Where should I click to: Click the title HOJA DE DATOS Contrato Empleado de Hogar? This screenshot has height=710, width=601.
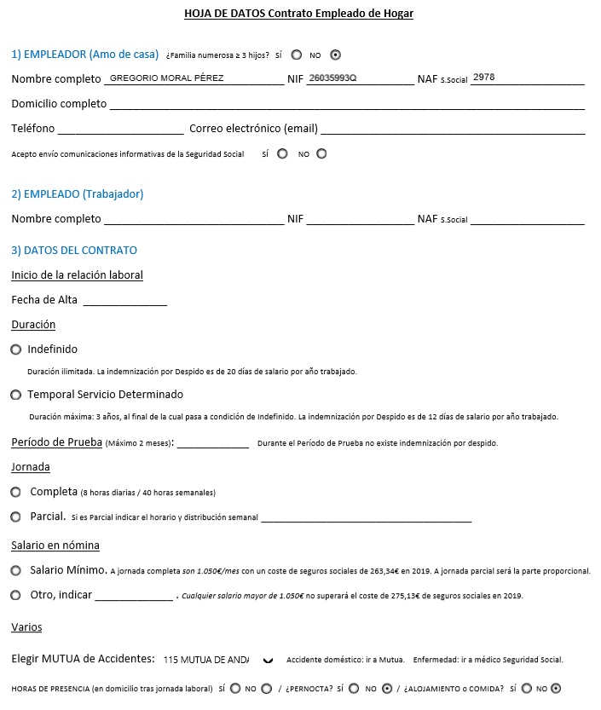click(x=298, y=14)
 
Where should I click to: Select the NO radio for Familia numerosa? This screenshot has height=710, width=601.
click(x=335, y=55)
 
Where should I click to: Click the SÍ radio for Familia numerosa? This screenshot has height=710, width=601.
click(x=297, y=55)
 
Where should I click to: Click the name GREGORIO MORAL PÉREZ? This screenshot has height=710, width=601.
click(x=167, y=78)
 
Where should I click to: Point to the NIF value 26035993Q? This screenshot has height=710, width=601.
click(x=332, y=78)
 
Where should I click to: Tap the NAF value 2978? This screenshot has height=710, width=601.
click(x=483, y=78)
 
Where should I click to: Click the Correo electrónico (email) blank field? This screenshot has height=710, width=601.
click(x=453, y=129)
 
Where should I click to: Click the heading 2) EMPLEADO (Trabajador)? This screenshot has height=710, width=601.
click(x=78, y=193)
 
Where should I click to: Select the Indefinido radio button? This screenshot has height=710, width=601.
click(x=16, y=349)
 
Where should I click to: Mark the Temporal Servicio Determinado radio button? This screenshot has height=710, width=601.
click(x=16, y=395)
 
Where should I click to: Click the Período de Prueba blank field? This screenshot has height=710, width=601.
click(x=212, y=442)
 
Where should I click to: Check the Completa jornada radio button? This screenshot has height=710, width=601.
click(x=16, y=492)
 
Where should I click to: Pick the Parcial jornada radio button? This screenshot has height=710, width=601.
click(x=16, y=517)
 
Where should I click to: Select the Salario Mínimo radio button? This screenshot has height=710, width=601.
click(x=16, y=570)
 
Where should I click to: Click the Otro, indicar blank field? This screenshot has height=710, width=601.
click(x=133, y=595)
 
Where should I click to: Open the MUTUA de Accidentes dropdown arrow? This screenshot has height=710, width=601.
click(x=269, y=659)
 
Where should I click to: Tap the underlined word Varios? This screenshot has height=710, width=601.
click(x=26, y=627)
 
